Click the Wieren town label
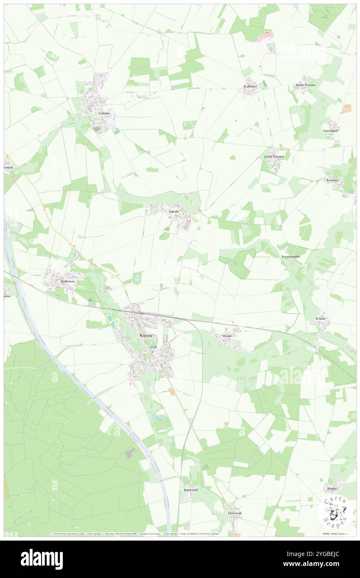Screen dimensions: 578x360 [145, 335]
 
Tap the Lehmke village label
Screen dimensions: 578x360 [104, 113]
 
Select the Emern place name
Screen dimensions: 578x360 [173, 212]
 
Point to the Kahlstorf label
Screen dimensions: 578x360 [251, 86]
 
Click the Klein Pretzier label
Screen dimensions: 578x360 [306, 85]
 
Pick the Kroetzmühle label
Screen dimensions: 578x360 [291, 257]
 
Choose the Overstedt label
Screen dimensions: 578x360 [234, 513]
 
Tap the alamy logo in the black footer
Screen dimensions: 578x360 [42, 559]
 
